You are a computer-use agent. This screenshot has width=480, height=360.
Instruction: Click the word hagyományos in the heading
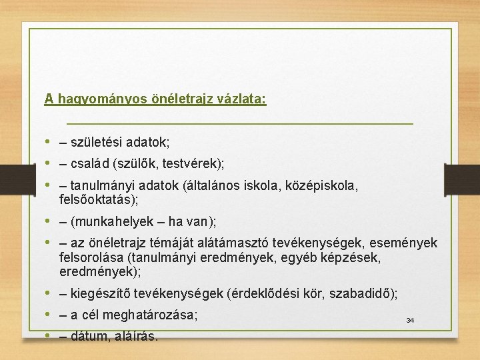click(90, 99)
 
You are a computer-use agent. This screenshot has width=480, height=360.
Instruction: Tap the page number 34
click(410, 321)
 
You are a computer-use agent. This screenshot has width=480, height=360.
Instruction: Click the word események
click(406, 245)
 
